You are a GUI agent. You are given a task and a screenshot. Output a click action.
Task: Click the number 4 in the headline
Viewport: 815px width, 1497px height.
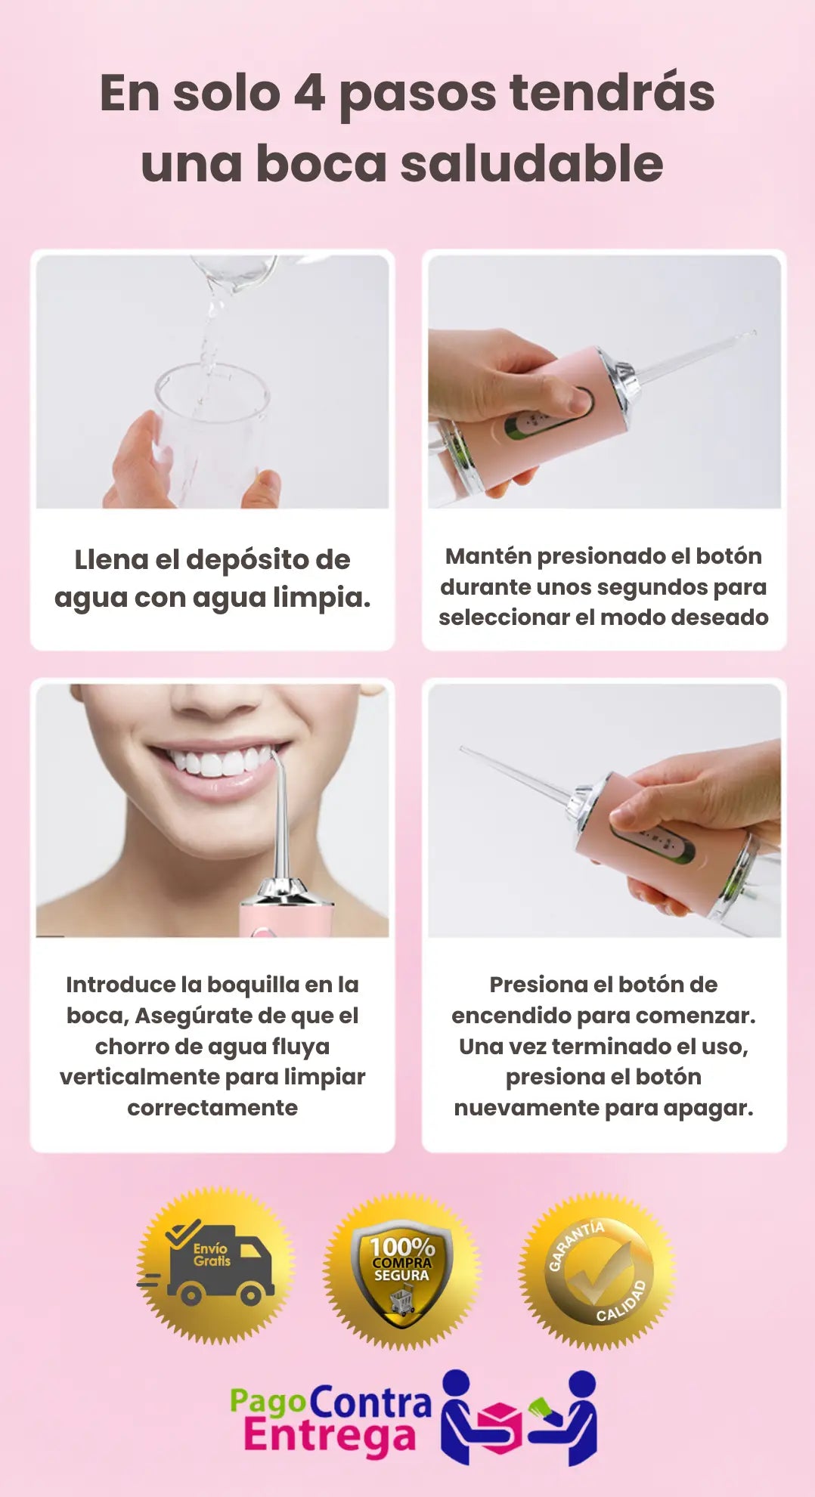click(x=309, y=93)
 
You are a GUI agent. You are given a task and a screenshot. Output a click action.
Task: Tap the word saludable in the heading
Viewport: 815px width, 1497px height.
click(x=531, y=163)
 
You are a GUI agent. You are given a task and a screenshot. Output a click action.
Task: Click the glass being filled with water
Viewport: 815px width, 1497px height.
click(x=212, y=431)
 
